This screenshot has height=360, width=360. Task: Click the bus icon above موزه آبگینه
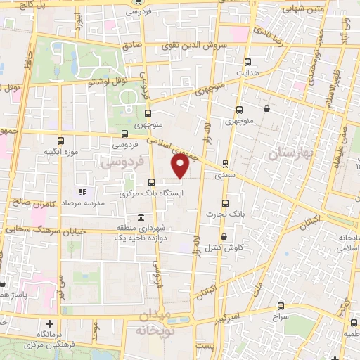60,139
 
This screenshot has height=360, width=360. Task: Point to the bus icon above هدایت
247,61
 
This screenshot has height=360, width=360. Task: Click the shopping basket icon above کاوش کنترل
224,236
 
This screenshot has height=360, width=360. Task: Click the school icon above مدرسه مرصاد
82,191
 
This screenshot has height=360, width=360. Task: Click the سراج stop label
281,318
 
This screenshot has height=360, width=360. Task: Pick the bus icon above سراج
281,306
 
